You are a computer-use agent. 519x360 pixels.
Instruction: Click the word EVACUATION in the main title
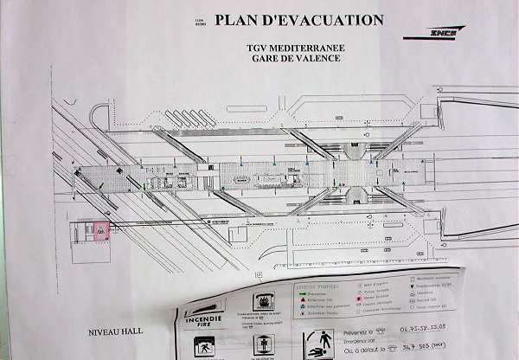[330, 20]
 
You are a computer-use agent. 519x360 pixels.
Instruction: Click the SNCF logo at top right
[447, 33]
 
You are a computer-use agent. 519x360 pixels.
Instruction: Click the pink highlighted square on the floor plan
[101, 231]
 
